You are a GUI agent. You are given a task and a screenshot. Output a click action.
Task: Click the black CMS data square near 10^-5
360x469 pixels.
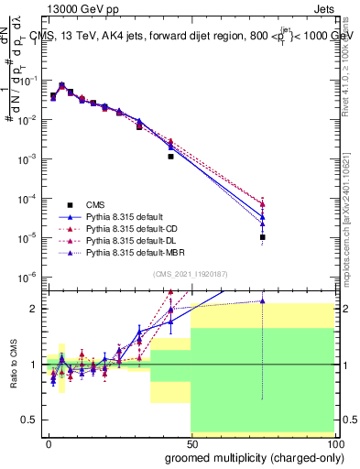[x=262, y=237]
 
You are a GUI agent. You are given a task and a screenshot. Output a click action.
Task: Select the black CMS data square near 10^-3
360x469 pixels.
[x=170, y=157]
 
